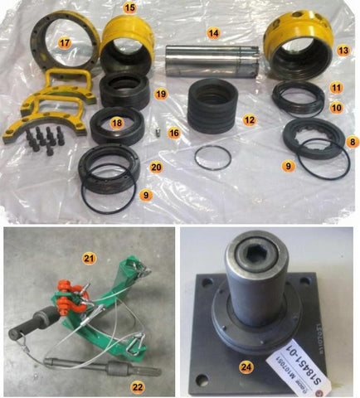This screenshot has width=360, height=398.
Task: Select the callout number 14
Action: [213, 33]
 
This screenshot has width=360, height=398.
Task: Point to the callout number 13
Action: [343, 51]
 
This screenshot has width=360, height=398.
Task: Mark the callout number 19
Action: [161, 95]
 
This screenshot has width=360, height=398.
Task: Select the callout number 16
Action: [173, 132]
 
